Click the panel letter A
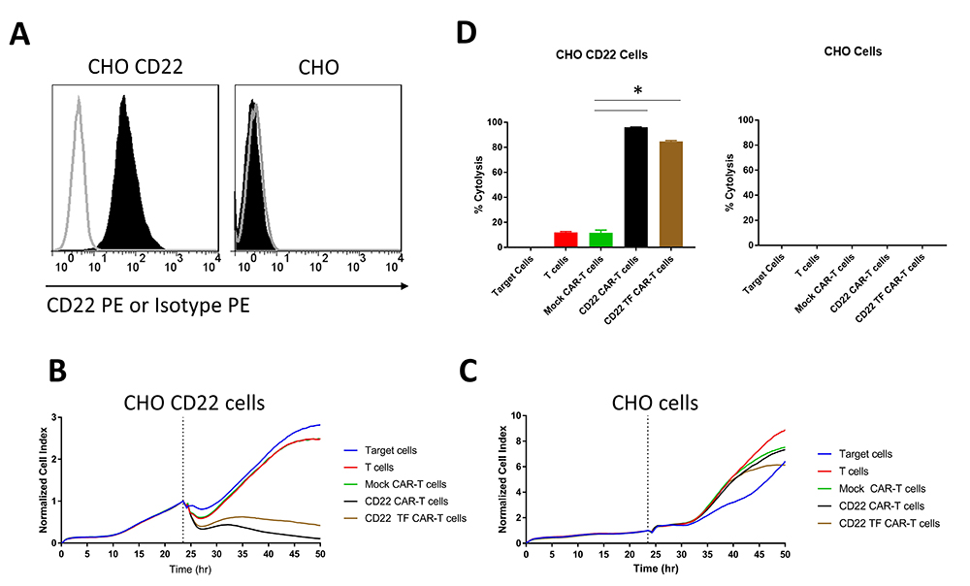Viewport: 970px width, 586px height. coord(22,37)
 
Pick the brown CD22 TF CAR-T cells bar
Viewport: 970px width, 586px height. coord(670,193)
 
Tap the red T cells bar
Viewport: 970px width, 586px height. coord(566,239)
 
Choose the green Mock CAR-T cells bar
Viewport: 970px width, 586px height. coord(600,239)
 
